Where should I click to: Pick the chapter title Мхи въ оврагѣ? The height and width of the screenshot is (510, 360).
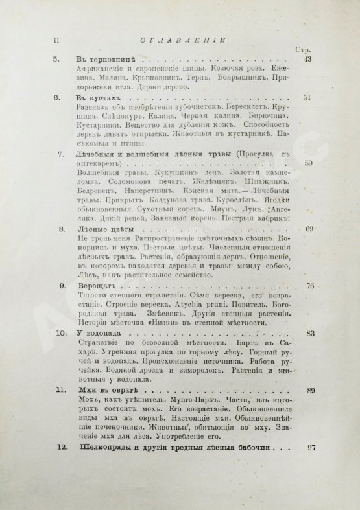(108, 391)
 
